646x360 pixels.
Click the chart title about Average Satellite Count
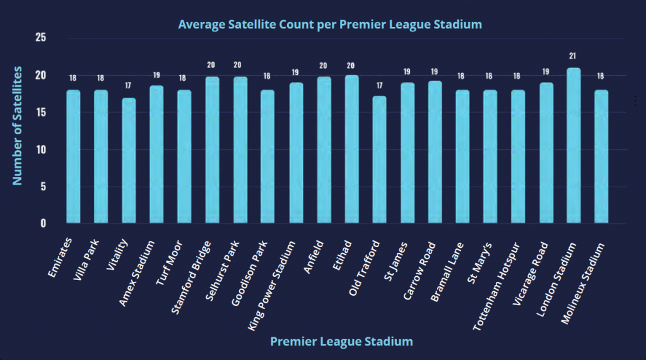330,25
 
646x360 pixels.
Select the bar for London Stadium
573,146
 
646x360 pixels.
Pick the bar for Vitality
129,161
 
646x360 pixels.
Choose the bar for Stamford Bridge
213,150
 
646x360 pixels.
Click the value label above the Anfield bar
324,66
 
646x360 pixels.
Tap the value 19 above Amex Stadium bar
156,75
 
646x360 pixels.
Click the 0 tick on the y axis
44,223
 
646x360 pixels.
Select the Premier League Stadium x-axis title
341,342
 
